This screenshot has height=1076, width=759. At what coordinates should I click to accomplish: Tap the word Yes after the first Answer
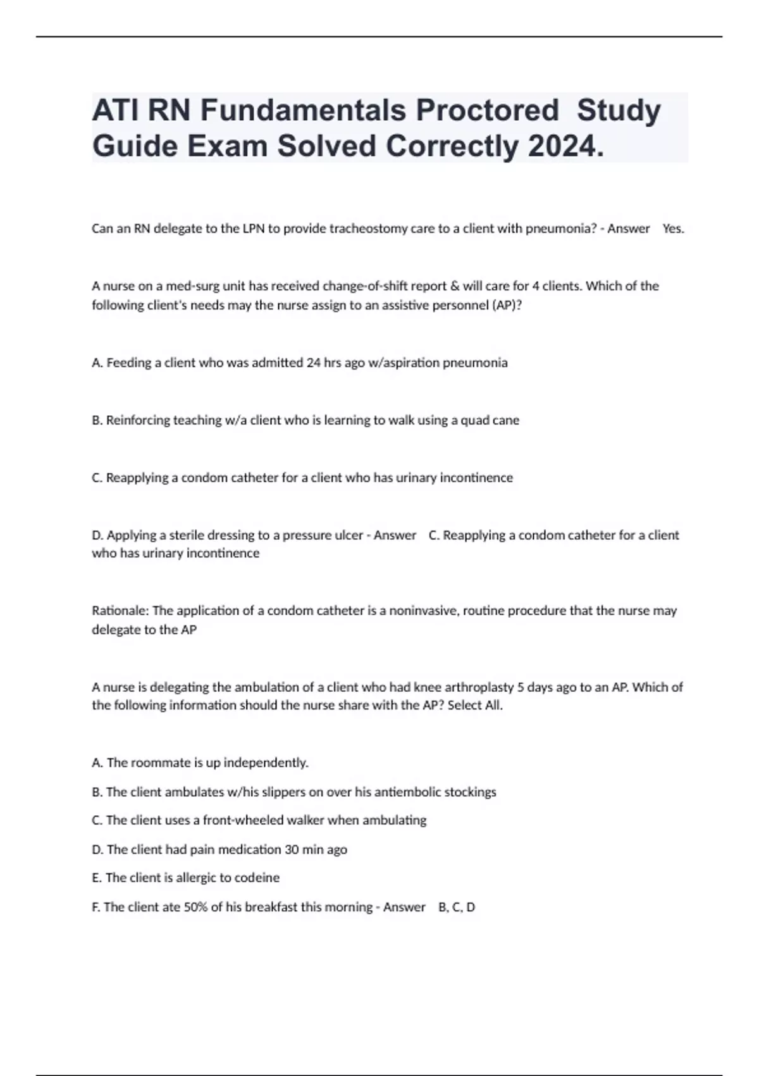(673, 229)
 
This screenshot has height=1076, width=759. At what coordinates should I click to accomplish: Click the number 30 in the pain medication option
(291, 849)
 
